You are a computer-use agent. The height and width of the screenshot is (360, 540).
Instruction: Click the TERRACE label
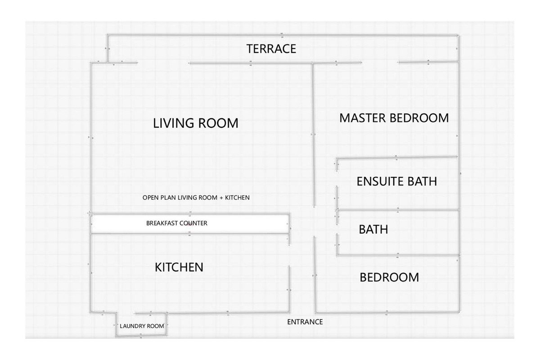[x=271, y=49]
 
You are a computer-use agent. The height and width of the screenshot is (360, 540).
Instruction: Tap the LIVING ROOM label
[x=196, y=123]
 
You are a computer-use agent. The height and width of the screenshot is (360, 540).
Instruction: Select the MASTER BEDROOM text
[x=394, y=118]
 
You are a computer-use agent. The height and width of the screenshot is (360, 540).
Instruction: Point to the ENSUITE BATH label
[x=397, y=181]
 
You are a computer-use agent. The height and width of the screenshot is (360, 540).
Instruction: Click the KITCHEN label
[x=179, y=267]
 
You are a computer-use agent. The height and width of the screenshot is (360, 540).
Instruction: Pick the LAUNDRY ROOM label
[x=142, y=326]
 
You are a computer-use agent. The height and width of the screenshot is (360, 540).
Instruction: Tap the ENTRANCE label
[x=305, y=322]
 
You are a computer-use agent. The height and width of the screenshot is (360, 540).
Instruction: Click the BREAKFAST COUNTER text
[x=177, y=223]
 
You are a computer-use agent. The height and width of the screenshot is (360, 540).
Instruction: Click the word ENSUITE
[x=377, y=181]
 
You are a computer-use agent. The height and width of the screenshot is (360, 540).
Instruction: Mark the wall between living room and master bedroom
[x=313, y=135]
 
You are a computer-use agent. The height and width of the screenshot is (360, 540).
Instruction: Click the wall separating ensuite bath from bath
[x=398, y=210]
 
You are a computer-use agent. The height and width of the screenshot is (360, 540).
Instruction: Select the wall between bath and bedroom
[x=398, y=255]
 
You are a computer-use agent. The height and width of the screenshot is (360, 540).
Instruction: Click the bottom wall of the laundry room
[x=141, y=336]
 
